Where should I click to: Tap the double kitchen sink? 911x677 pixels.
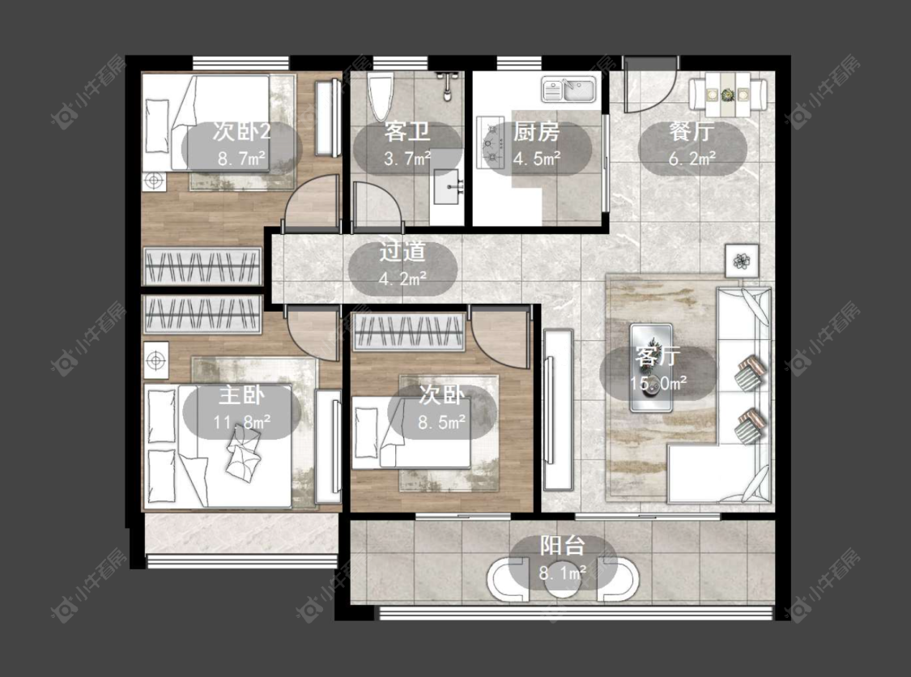568,90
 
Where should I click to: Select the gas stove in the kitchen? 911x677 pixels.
490,143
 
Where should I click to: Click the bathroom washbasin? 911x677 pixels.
448,186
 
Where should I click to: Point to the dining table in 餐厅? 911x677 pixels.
727,95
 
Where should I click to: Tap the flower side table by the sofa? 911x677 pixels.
741,261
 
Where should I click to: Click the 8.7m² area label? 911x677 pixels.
241,158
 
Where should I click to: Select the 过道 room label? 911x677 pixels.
402,252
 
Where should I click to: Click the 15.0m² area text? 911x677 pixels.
658,383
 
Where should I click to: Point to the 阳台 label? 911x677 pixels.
563,547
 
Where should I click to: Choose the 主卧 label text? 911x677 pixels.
241,396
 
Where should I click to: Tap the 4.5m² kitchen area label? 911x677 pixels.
536,157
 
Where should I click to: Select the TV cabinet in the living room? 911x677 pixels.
558,411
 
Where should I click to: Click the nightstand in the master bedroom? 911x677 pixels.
155,361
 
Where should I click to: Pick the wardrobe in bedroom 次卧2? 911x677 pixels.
202,266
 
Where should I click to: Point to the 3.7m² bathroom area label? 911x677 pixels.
407,158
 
